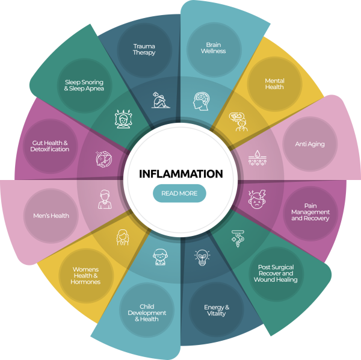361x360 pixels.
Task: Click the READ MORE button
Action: coord(179,193)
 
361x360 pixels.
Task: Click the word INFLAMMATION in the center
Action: coord(180,174)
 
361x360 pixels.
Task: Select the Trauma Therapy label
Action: coord(144,49)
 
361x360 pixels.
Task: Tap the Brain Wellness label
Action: coord(214,48)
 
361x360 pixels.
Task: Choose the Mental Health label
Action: coord(274,84)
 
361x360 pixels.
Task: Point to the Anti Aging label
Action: coord(310,144)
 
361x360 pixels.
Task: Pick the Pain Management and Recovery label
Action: coord(310,212)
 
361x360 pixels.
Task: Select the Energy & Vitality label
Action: coord(217,311)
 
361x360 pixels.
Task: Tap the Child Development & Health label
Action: coord(147,313)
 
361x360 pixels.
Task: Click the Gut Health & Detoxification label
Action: coord(51,146)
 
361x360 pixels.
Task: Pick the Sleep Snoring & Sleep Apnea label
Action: coord(85,85)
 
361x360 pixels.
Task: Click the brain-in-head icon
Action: coord(201,100)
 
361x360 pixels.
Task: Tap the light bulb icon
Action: coord(202,258)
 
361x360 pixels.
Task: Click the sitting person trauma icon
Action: coord(160,99)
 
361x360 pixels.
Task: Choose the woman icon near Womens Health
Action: coord(122,237)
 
